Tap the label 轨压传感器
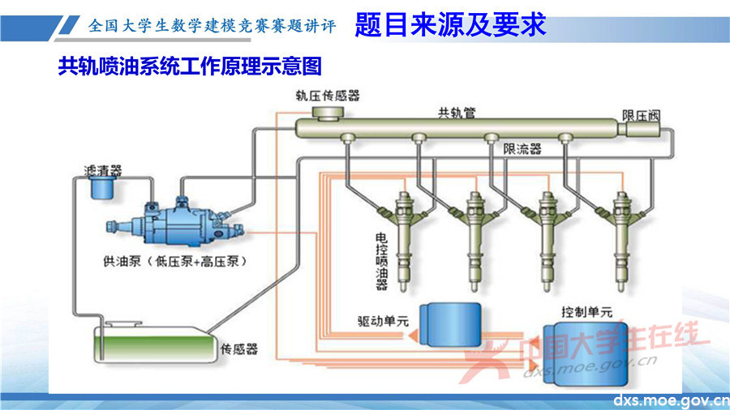327,96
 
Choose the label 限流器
522,149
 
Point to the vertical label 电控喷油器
381,261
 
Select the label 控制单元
586,311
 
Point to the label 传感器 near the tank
238,349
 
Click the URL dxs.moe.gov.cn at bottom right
670,400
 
